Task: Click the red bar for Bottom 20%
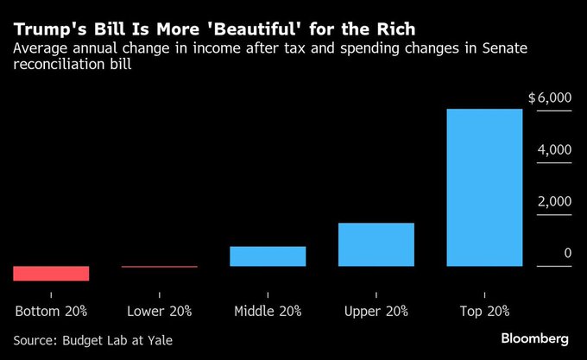(52, 273)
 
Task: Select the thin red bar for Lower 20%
(160, 267)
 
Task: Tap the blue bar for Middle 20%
(268, 256)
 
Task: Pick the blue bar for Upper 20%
(376, 244)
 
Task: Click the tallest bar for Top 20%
(484, 187)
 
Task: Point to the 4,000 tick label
(554, 150)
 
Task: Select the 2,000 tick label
(554, 201)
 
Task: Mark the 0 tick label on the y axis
(567, 253)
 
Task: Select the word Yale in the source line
(159, 340)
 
